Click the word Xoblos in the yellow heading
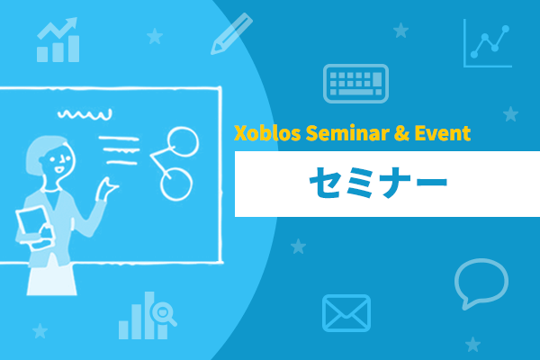pos(267,133)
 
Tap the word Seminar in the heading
pos(347,133)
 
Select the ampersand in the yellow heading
pos(401,133)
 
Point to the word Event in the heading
pos(443,133)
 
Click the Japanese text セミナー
pos(378,183)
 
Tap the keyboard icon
pos(355,84)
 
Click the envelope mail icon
pos(346,313)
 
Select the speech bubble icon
pos(481,283)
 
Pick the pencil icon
pos(231,34)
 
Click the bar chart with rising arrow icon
pos(58,40)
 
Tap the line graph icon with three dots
pos(487,43)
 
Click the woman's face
pos(59,160)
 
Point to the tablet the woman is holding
pos(33,224)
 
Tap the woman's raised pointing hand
pos(107,189)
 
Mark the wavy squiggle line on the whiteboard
pos(85,114)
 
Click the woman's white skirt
pos(51,279)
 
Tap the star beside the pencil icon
pos(155,36)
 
